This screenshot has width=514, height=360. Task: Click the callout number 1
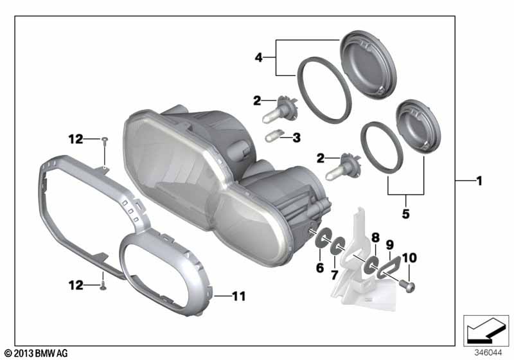click(x=479, y=181)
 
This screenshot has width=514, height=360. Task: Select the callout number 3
click(x=297, y=138)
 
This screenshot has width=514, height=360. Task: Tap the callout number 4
click(x=259, y=58)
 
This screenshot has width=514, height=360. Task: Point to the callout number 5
click(x=406, y=214)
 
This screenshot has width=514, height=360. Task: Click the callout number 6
click(x=320, y=268)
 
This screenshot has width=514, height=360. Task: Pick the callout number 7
click(x=334, y=275)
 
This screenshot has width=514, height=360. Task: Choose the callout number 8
click(x=375, y=238)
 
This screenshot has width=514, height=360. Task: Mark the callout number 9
click(x=390, y=245)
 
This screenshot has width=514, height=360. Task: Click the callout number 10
click(x=409, y=258)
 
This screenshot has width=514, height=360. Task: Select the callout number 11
click(x=238, y=296)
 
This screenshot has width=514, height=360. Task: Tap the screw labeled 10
click(x=407, y=287)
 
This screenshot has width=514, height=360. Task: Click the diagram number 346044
click(x=488, y=353)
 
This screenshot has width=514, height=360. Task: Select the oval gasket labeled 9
click(x=388, y=268)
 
